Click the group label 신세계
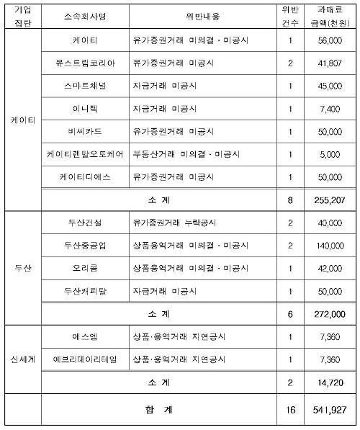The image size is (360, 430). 22,359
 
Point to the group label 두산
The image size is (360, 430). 22,268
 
